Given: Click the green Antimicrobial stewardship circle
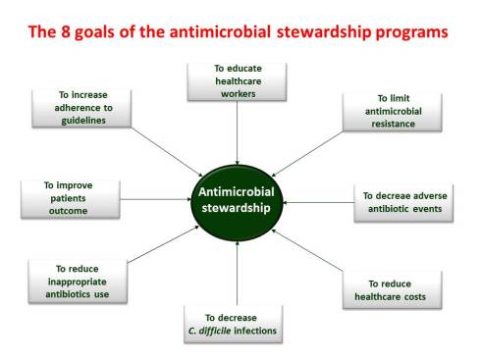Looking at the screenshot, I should coord(238,198).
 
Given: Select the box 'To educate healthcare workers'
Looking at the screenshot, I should coord(238,81).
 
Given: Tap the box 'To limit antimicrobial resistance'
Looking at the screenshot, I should coord(384,113).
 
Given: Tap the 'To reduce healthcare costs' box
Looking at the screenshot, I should coord(391,290).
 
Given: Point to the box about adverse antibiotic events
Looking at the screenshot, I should coord(403,203).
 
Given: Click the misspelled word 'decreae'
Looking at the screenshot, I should coord(398,196).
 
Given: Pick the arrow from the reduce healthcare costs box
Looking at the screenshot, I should coord(309,254).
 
